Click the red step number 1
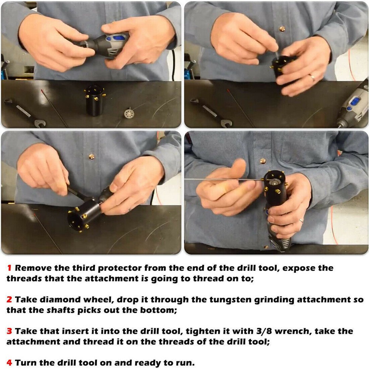coord(9,268)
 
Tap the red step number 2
coord(9,299)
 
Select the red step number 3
coord(9,331)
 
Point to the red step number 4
coord(9,363)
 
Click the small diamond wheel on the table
coord(129,113)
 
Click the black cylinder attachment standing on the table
coord(94,100)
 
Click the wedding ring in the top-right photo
coord(312,77)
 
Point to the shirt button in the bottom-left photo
coord(92,156)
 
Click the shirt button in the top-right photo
coord(282,29)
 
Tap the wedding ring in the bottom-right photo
coord(301,221)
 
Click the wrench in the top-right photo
coord(211,113)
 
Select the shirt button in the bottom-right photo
coord(263,161)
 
